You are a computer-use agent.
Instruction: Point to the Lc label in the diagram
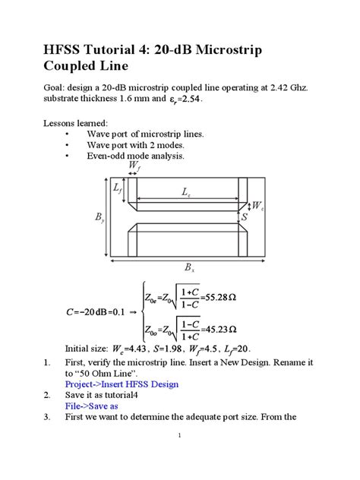coord(185,194)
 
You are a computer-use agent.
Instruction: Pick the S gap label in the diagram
coord(245,216)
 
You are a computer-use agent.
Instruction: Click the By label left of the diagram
coord(100,218)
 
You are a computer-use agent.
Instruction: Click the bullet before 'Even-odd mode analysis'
coord(68,156)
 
